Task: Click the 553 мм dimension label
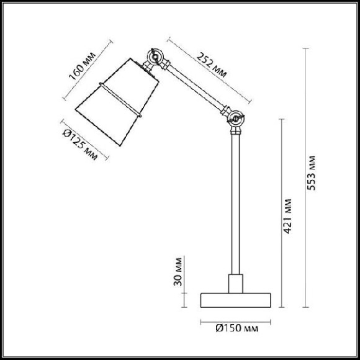click(x=311, y=173)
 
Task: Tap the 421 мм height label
click(x=287, y=216)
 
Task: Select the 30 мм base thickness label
click(x=178, y=272)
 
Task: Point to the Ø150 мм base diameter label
click(x=236, y=328)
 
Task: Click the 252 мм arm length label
click(x=212, y=65)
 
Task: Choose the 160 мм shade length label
click(x=82, y=66)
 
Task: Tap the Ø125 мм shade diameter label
click(x=80, y=144)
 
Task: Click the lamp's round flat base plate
click(x=236, y=300)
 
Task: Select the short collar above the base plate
click(x=236, y=284)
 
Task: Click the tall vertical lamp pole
click(x=236, y=204)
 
